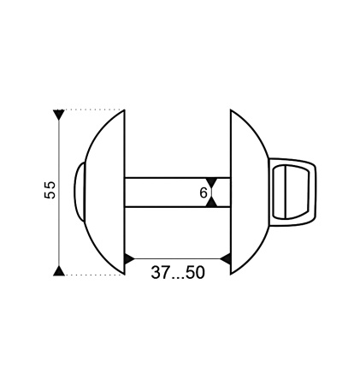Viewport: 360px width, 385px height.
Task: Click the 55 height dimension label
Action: [x=50, y=190]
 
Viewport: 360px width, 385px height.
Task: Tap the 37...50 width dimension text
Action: [x=178, y=273]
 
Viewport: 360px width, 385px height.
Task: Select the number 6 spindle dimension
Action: [x=204, y=193]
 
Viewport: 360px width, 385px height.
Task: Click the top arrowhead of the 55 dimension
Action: [x=59, y=115]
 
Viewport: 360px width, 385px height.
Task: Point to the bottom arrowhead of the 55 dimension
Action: [x=59, y=270]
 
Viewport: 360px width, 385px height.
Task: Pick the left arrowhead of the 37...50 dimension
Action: [x=130, y=259]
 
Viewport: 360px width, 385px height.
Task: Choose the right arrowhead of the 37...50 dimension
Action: [x=225, y=259]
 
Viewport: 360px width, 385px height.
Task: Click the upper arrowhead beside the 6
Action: [x=212, y=182]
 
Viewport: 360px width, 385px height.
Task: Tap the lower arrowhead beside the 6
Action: [x=212, y=202]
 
